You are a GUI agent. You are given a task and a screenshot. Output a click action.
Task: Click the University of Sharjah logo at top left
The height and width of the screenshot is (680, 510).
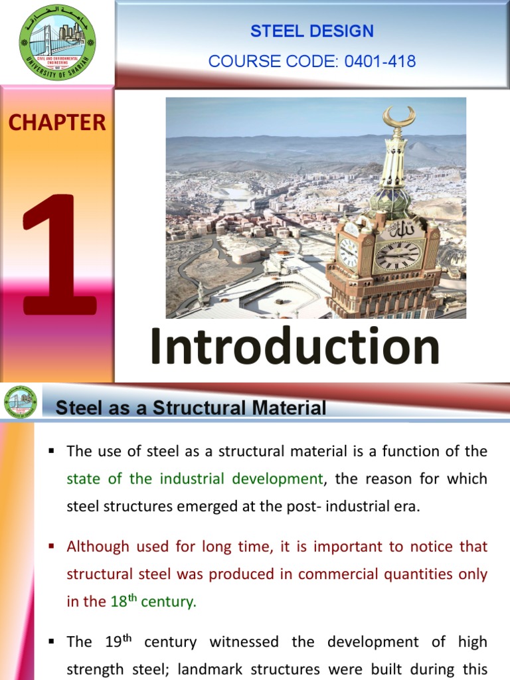pyautogui.click(x=56, y=42)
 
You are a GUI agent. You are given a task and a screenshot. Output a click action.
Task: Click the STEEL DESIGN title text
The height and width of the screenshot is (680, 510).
pyautogui.click(x=312, y=31)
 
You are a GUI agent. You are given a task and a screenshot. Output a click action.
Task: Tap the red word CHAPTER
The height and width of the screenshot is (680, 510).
pyautogui.click(x=57, y=122)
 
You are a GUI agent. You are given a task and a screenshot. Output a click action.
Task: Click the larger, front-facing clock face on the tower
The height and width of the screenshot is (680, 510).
pyautogui.click(x=398, y=255)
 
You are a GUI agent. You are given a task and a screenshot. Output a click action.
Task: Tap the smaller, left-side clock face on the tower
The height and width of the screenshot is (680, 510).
pyautogui.click(x=349, y=252)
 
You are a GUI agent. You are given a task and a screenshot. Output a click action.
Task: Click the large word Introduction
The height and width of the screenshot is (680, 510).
pyautogui.click(x=295, y=347)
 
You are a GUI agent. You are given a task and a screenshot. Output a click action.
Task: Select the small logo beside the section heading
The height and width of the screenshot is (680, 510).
pyautogui.click(x=21, y=401)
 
